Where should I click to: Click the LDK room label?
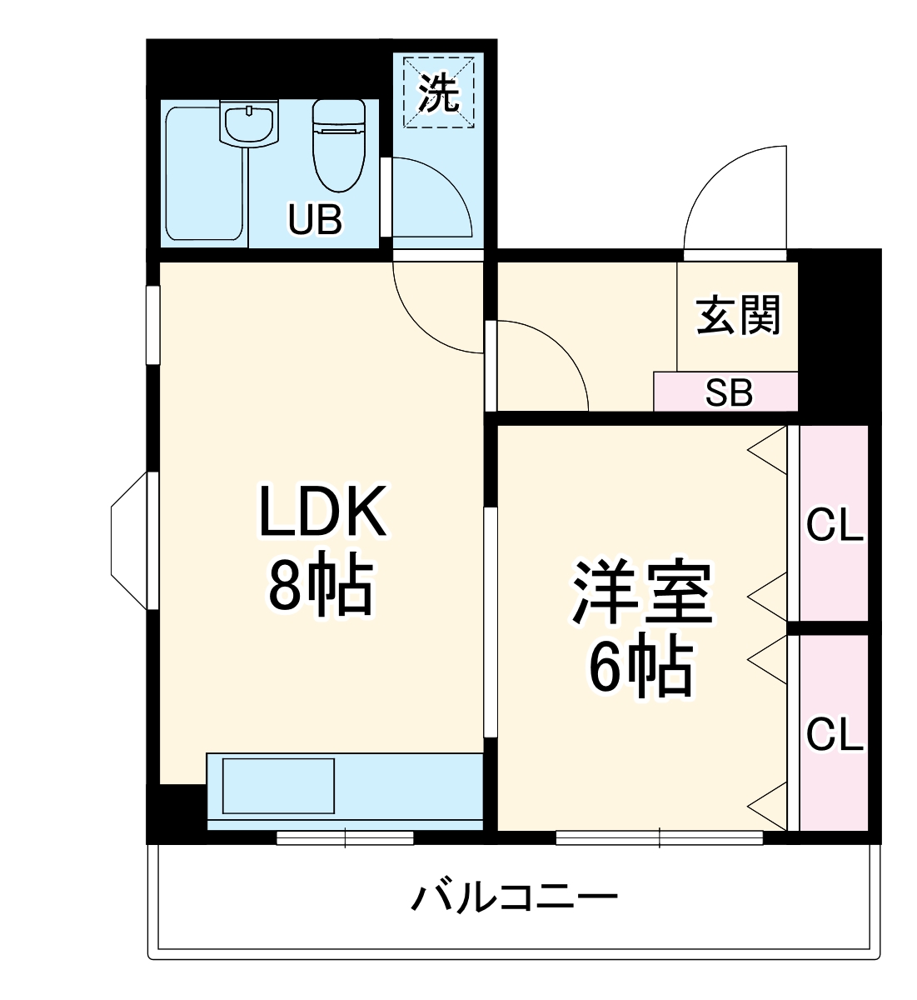[x=323, y=511]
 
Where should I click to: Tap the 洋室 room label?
[x=640, y=595]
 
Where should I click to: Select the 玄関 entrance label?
[x=738, y=316]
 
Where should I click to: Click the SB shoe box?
[x=728, y=392]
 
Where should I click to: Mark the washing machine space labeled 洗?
[x=439, y=92]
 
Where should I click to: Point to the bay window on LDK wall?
[x=132, y=541]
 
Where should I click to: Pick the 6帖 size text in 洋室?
[x=640, y=667]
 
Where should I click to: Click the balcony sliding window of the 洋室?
[x=659, y=837]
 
